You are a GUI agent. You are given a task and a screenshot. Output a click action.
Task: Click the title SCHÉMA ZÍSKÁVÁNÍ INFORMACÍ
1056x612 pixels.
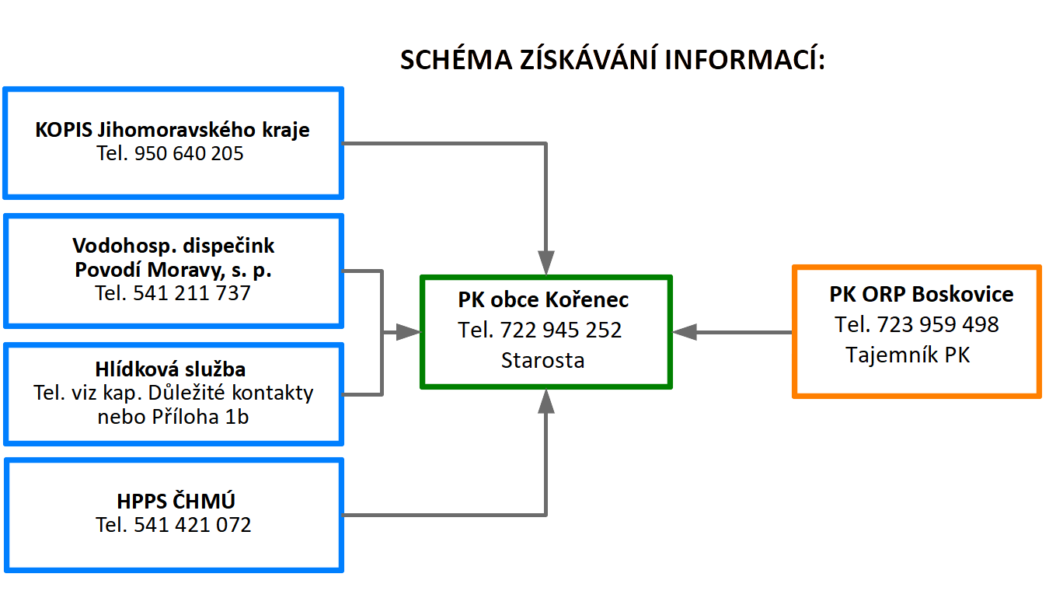[x=612, y=59]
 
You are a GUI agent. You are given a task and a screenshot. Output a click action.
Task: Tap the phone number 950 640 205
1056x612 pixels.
[x=189, y=153]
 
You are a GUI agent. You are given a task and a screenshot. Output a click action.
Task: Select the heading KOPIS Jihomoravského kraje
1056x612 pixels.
[x=173, y=130]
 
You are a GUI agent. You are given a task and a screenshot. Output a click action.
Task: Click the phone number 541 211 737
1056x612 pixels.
[x=191, y=293]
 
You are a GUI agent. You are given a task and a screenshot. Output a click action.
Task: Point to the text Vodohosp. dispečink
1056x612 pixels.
[x=173, y=246]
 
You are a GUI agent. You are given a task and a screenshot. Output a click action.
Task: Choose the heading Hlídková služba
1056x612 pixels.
[x=170, y=369]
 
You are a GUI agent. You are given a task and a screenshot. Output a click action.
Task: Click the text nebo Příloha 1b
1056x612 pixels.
[x=173, y=417]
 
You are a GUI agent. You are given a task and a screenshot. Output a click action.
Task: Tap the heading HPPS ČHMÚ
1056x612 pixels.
[x=176, y=501]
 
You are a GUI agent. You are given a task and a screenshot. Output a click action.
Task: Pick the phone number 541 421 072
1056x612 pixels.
[x=193, y=525]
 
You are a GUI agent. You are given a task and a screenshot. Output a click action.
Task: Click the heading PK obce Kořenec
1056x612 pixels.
[x=543, y=299]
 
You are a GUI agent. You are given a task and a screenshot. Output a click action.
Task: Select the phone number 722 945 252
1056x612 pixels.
[x=560, y=330]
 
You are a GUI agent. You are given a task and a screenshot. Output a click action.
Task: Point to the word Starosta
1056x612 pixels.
[x=542, y=360]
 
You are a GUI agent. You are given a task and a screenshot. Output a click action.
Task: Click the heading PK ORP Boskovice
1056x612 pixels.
[x=921, y=294]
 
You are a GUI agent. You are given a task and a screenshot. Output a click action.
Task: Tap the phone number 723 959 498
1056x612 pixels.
[x=938, y=324]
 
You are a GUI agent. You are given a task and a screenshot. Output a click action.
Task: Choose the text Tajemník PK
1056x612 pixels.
[x=908, y=355]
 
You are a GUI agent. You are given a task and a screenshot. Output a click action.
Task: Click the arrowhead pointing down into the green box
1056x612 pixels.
[x=546, y=263]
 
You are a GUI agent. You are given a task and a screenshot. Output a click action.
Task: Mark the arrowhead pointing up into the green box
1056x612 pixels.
[x=546, y=401]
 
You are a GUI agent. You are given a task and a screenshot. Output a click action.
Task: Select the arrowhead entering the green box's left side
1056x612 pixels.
[x=408, y=332]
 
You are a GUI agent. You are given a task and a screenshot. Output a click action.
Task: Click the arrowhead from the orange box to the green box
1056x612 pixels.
[x=684, y=332]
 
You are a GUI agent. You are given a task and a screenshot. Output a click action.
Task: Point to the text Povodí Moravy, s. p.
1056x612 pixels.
[x=173, y=270]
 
